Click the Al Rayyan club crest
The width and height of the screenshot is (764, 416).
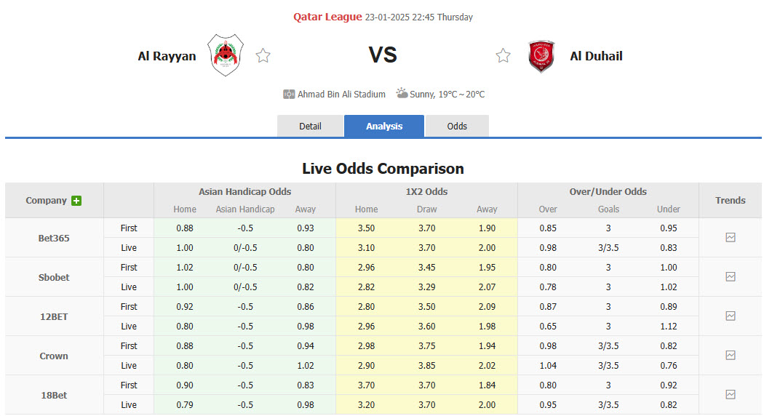(x=226, y=55)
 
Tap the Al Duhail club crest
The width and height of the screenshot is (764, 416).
(x=541, y=56)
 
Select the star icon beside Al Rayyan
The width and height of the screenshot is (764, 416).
(x=263, y=56)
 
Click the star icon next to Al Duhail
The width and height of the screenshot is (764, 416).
(x=503, y=56)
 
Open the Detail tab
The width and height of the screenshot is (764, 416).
(x=310, y=126)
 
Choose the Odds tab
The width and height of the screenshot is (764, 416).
(x=457, y=126)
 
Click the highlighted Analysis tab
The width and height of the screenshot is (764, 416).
(x=384, y=126)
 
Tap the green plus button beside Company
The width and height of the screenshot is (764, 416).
(x=76, y=201)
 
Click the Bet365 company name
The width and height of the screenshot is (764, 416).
(x=55, y=238)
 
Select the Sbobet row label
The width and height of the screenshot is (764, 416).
(x=55, y=277)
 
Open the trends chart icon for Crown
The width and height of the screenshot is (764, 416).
(x=731, y=355)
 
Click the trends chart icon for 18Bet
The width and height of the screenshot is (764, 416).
(x=731, y=394)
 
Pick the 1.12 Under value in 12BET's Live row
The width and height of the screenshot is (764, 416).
(x=668, y=326)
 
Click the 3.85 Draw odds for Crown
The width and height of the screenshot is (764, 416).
(x=426, y=365)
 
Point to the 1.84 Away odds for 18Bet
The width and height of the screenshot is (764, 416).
(x=487, y=385)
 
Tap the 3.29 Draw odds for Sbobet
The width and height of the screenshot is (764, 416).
(x=426, y=287)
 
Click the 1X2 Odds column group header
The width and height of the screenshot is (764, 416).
(x=426, y=191)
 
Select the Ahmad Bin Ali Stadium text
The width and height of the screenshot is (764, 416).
(x=341, y=94)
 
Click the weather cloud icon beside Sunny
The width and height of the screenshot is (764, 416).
(x=402, y=93)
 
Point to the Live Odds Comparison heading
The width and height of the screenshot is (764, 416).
(x=383, y=169)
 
